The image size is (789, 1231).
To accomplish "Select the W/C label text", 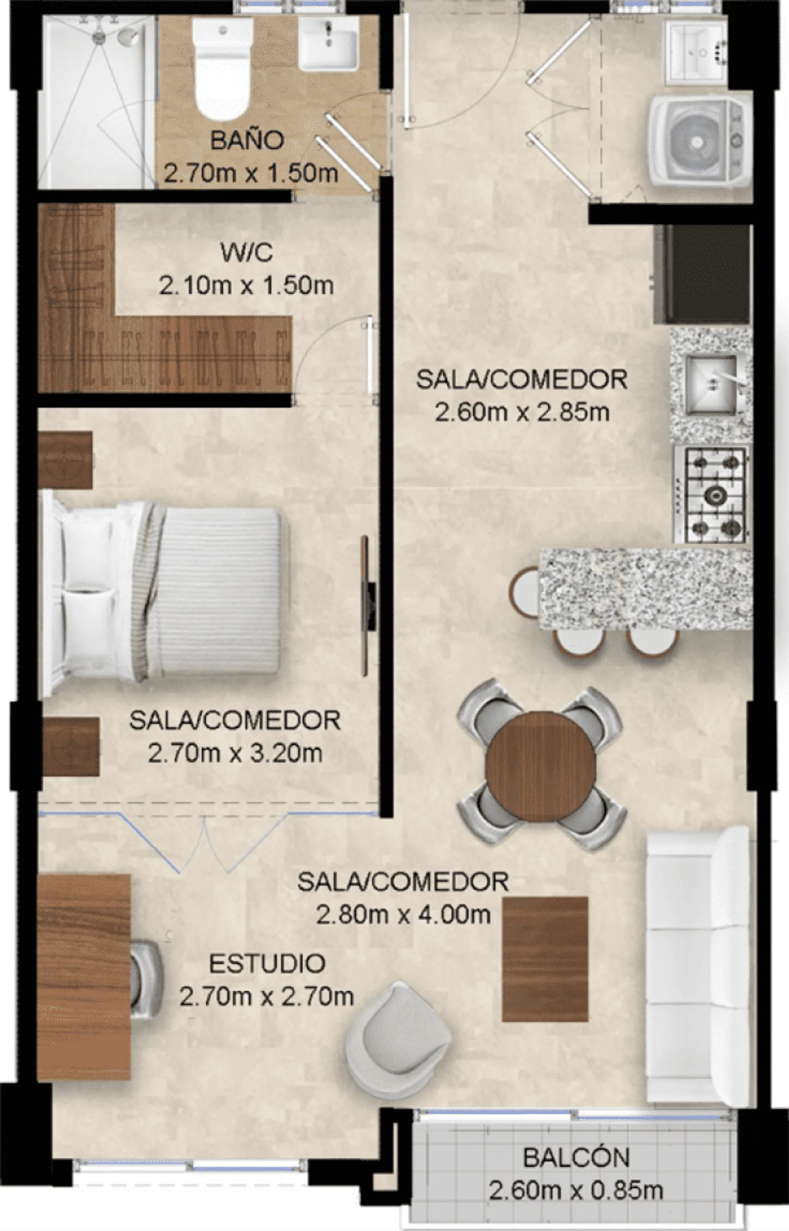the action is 247,252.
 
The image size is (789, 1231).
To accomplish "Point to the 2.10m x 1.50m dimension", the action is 247,285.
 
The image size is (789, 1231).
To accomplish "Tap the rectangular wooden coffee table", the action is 545,959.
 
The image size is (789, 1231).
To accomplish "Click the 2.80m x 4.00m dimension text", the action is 403,915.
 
